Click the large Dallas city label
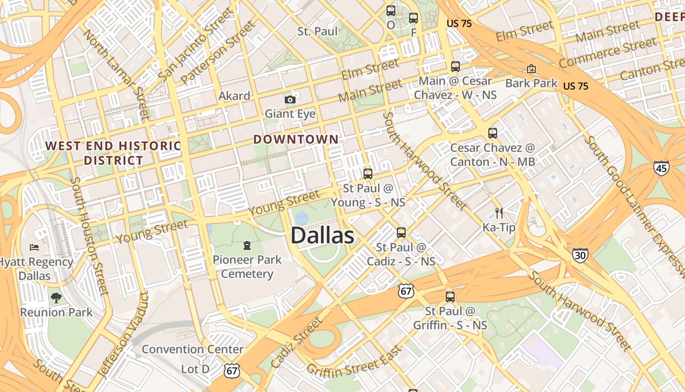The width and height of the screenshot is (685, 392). click(x=322, y=236)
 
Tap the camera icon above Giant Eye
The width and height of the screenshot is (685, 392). click(x=290, y=100)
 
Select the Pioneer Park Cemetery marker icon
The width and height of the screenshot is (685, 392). click(x=247, y=245)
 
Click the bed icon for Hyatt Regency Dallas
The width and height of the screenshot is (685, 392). click(x=34, y=247)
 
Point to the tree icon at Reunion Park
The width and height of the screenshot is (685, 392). click(x=56, y=297)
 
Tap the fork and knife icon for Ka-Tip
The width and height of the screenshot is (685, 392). click(x=499, y=213)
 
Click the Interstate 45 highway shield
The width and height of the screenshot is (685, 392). click(x=661, y=168)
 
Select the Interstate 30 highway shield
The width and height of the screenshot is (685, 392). click(x=580, y=255)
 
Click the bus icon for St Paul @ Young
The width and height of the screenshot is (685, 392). click(x=368, y=173)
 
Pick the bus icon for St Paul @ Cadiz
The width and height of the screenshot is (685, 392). click(x=401, y=232)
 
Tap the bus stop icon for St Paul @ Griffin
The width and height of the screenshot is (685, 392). click(x=450, y=296)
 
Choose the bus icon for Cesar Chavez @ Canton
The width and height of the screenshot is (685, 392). click(x=493, y=133)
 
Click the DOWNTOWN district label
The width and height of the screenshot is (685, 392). click(x=296, y=139)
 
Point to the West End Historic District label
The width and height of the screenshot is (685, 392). click(x=114, y=153)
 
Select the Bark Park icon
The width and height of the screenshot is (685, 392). click(x=531, y=69)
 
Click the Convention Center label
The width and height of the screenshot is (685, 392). click(x=193, y=349)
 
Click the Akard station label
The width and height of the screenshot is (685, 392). click(x=234, y=96)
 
